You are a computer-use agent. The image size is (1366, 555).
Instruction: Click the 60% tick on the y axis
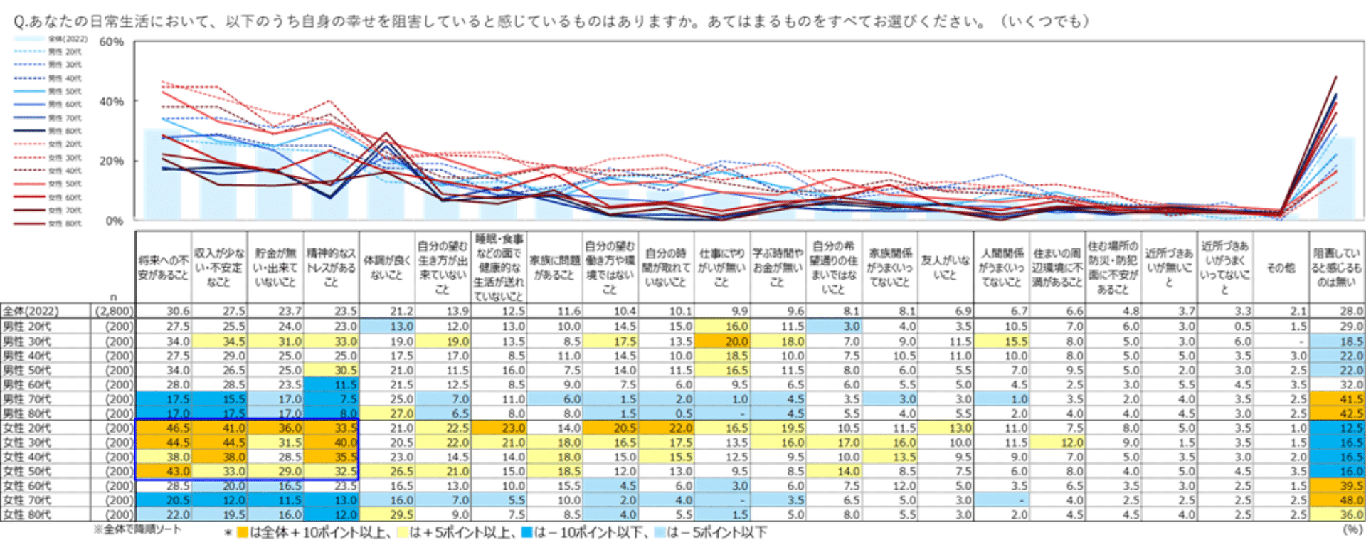[x=111, y=42]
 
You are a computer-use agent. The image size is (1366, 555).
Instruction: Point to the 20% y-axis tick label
[x=111, y=161]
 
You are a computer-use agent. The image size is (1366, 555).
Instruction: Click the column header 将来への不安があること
[x=163, y=268]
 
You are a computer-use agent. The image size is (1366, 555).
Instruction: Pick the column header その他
[x=1281, y=268]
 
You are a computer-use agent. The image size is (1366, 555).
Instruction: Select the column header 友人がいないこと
[x=945, y=268]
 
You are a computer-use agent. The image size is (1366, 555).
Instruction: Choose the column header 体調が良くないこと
[x=386, y=268]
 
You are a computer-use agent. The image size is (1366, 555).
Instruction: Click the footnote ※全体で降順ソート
[x=137, y=529]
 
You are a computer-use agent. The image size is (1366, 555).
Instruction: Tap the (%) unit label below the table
[x=1352, y=529]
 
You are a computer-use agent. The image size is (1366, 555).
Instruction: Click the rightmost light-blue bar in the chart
[x=1336, y=178]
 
